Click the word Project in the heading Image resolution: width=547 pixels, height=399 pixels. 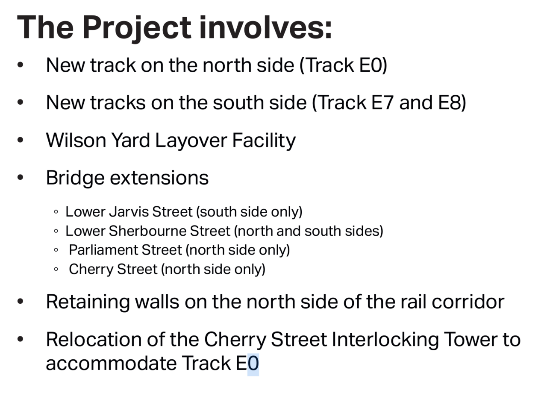pos(137,28)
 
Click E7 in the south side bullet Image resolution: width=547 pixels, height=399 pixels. pos(382,103)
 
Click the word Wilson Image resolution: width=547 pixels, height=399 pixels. pos(76,140)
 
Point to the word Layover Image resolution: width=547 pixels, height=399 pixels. pos(191,141)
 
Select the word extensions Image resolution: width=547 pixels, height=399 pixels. pos(159,178)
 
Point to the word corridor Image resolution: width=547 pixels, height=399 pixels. pos(468,302)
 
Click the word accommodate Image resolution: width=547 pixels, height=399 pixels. pos(111,363)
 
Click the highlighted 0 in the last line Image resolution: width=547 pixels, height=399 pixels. pos(253,364)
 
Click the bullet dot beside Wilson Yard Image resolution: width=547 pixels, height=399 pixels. pos(20,140)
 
